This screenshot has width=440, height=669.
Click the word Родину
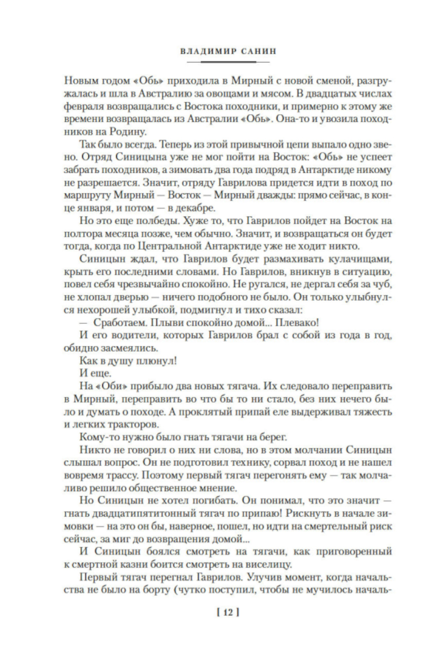pyautogui.click(x=129, y=131)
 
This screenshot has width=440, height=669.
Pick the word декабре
pyautogui.click(x=194, y=207)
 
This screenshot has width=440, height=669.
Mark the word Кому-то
pyautogui.click(x=99, y=437)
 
